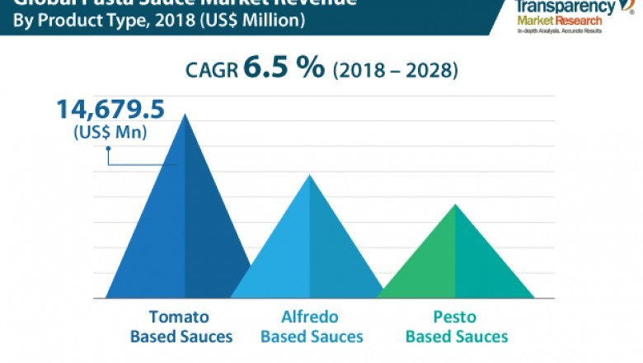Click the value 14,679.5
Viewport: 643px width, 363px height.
[x=110, y=109]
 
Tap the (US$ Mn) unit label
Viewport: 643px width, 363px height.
[x=110, y=132]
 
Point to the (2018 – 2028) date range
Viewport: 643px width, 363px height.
[x=395, y=71]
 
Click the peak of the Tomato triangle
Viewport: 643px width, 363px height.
[x=185, y=115]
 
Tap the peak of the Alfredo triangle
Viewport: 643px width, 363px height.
[x=309, y=176]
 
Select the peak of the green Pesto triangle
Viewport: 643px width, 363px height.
[x=455, y=205]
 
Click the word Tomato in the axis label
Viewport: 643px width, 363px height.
[x=179, y=317]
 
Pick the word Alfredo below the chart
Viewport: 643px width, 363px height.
[x=309, y=317]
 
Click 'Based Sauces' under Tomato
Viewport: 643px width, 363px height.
[x=181, y=337]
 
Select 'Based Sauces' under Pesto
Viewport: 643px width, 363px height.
[x=457, y=337]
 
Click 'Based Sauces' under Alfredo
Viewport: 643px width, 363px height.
[x=312, y=337]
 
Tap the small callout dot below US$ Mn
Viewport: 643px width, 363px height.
[x=107, y=149]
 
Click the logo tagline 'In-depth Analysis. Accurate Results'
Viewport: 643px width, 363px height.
[x=559, y=31]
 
